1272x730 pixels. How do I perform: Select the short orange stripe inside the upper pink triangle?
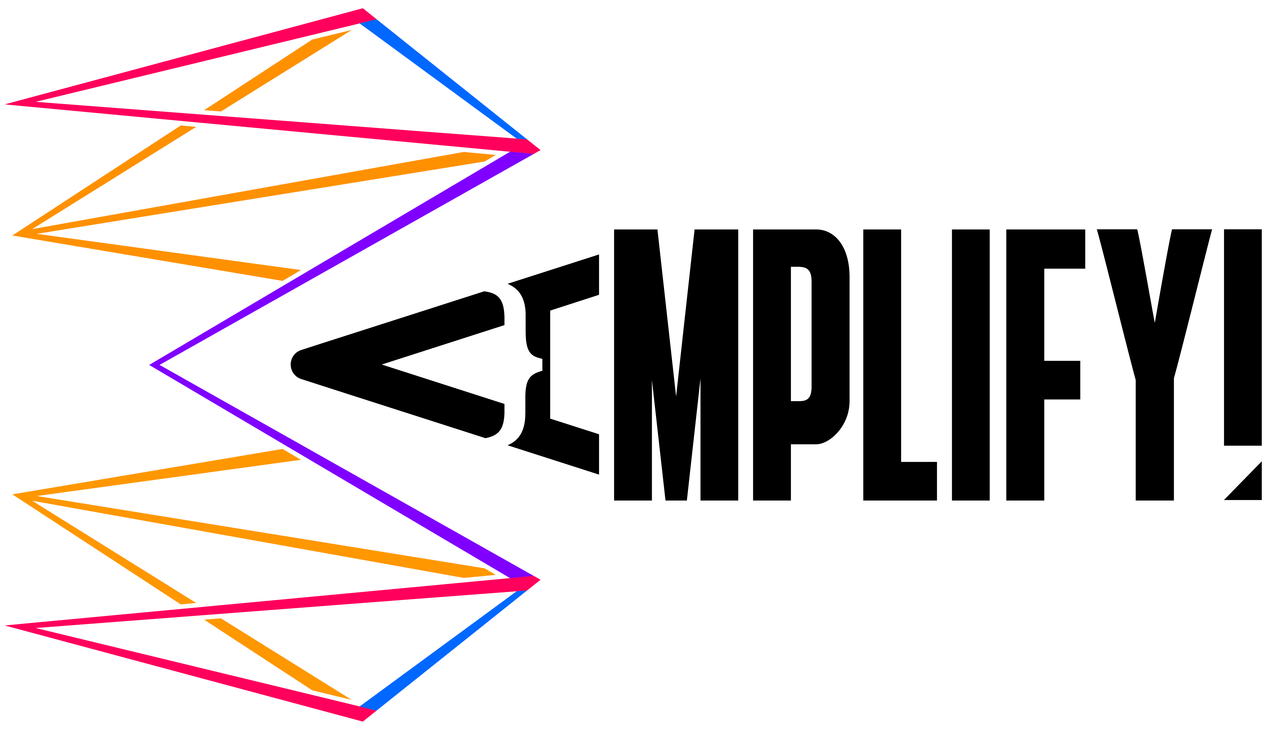pyautogui.click(x=278, y=70)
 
